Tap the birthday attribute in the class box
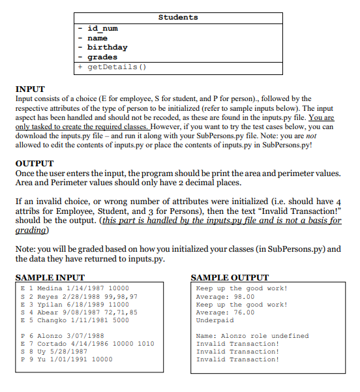tap(108, 47)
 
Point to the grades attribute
tap(102, 57)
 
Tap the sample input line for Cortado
tap(87, 343)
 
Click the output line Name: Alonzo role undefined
tap(252, 335)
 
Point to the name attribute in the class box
tap(98, 38)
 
